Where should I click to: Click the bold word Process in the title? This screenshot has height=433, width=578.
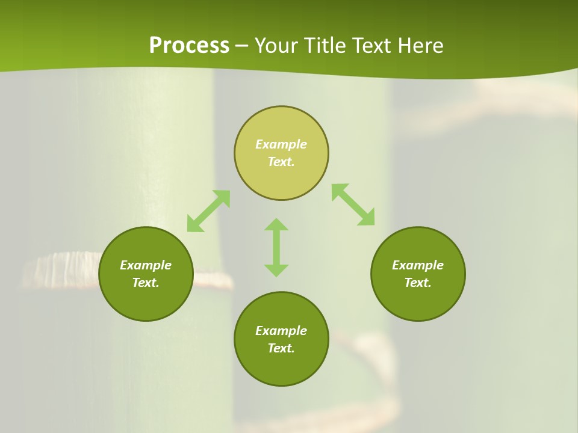[189, 46]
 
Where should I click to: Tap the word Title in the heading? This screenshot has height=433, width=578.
[323, 46]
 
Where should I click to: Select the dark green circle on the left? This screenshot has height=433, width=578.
[146, 301]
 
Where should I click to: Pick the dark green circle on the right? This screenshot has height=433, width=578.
[418, 301]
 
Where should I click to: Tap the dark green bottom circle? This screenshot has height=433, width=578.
[281, 367]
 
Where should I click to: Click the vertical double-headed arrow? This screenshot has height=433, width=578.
[276, 247]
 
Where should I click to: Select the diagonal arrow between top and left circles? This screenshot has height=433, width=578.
[208, 211]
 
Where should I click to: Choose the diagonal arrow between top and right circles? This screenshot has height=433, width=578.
[353, 204]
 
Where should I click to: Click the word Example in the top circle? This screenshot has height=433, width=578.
[281, 144]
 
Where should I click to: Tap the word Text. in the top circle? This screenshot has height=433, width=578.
[281, 162]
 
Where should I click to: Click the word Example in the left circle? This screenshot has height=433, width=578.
[146, 265]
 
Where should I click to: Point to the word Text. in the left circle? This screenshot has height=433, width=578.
[146, 283]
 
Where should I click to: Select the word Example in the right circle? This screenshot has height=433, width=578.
[418, 265]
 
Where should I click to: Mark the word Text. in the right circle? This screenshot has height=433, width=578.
[418, 283]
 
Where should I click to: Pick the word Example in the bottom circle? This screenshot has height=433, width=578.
[281, 331]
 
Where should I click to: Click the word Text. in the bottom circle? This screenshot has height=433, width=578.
[281, 348]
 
